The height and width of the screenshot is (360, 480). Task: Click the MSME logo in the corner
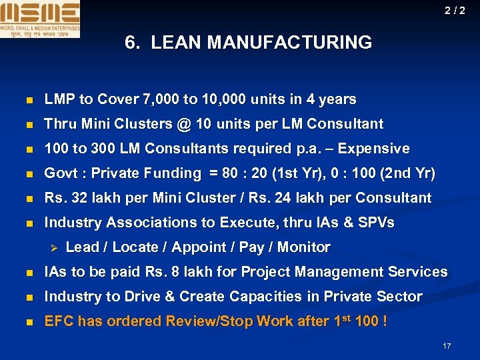pos(40,19)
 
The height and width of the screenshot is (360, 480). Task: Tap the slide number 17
pos(447,346)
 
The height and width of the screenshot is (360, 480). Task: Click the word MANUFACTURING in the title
pos(289,43)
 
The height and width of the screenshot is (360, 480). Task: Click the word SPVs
pos(375,223)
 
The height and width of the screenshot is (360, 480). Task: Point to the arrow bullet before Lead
pos(55,247)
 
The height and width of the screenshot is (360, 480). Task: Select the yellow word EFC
pos(58,321)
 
